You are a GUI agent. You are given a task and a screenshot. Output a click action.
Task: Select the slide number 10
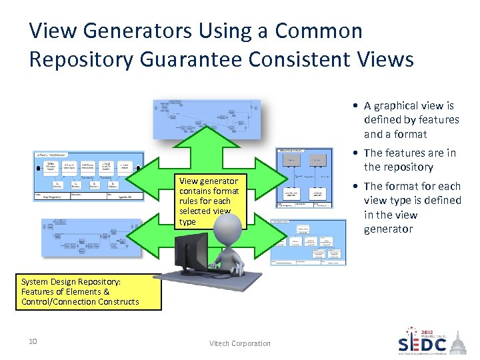click(32, 342)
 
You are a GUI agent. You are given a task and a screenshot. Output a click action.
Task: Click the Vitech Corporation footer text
click(240, 343)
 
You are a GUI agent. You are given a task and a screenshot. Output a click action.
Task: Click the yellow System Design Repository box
click(81, 292)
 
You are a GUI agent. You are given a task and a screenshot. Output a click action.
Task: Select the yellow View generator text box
click(209, 201)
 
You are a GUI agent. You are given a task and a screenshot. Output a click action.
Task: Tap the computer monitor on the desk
click(191, 252)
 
